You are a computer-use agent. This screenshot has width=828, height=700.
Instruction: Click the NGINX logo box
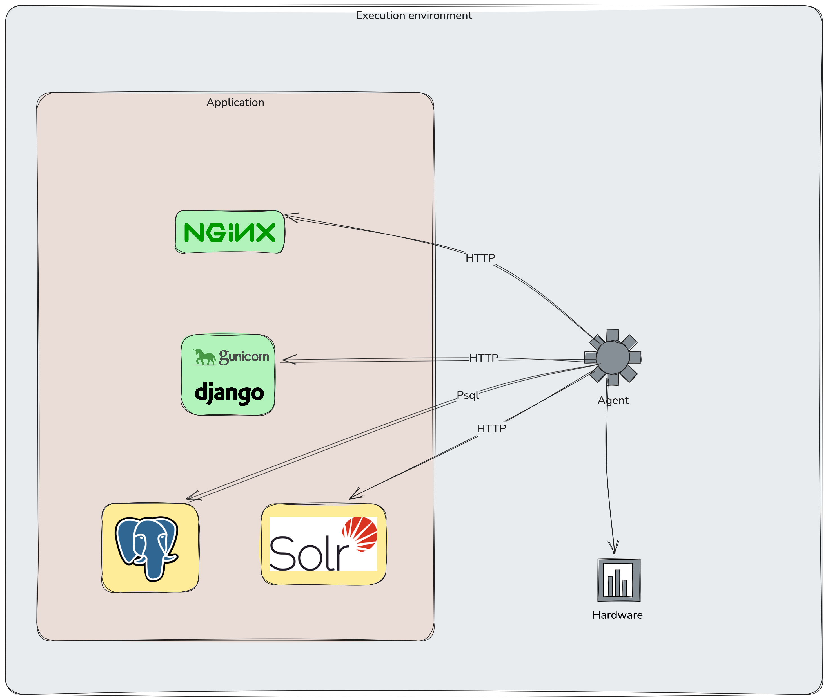click(x=230, y=232)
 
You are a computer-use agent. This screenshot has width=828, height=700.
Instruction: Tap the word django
click(x=229, y=393)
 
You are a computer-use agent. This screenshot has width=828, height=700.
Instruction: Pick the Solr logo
click(x=323, y=544)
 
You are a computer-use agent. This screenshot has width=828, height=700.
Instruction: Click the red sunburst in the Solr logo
click(x=360, y=534)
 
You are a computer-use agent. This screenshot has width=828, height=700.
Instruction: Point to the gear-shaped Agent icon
click(x=613, y=357)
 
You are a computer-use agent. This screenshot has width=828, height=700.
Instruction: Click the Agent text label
click(x=613, y=400)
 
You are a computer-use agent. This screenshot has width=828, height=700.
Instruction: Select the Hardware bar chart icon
click(x=619, y=580)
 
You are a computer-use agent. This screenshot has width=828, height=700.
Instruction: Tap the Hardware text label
click(x=618, y=615)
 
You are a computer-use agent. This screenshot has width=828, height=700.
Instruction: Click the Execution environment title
click(x=414, y=15)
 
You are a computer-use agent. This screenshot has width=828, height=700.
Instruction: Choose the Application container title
click(x=235, y=102)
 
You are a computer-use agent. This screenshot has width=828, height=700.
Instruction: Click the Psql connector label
click(x=468, y=395)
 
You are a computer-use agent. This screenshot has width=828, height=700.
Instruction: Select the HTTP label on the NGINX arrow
click(x=480, y=258)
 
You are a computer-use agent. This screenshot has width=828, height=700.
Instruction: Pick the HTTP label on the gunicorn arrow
click(x=484, y=358)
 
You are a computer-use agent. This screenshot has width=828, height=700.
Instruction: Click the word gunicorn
click(x=244, y=357)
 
